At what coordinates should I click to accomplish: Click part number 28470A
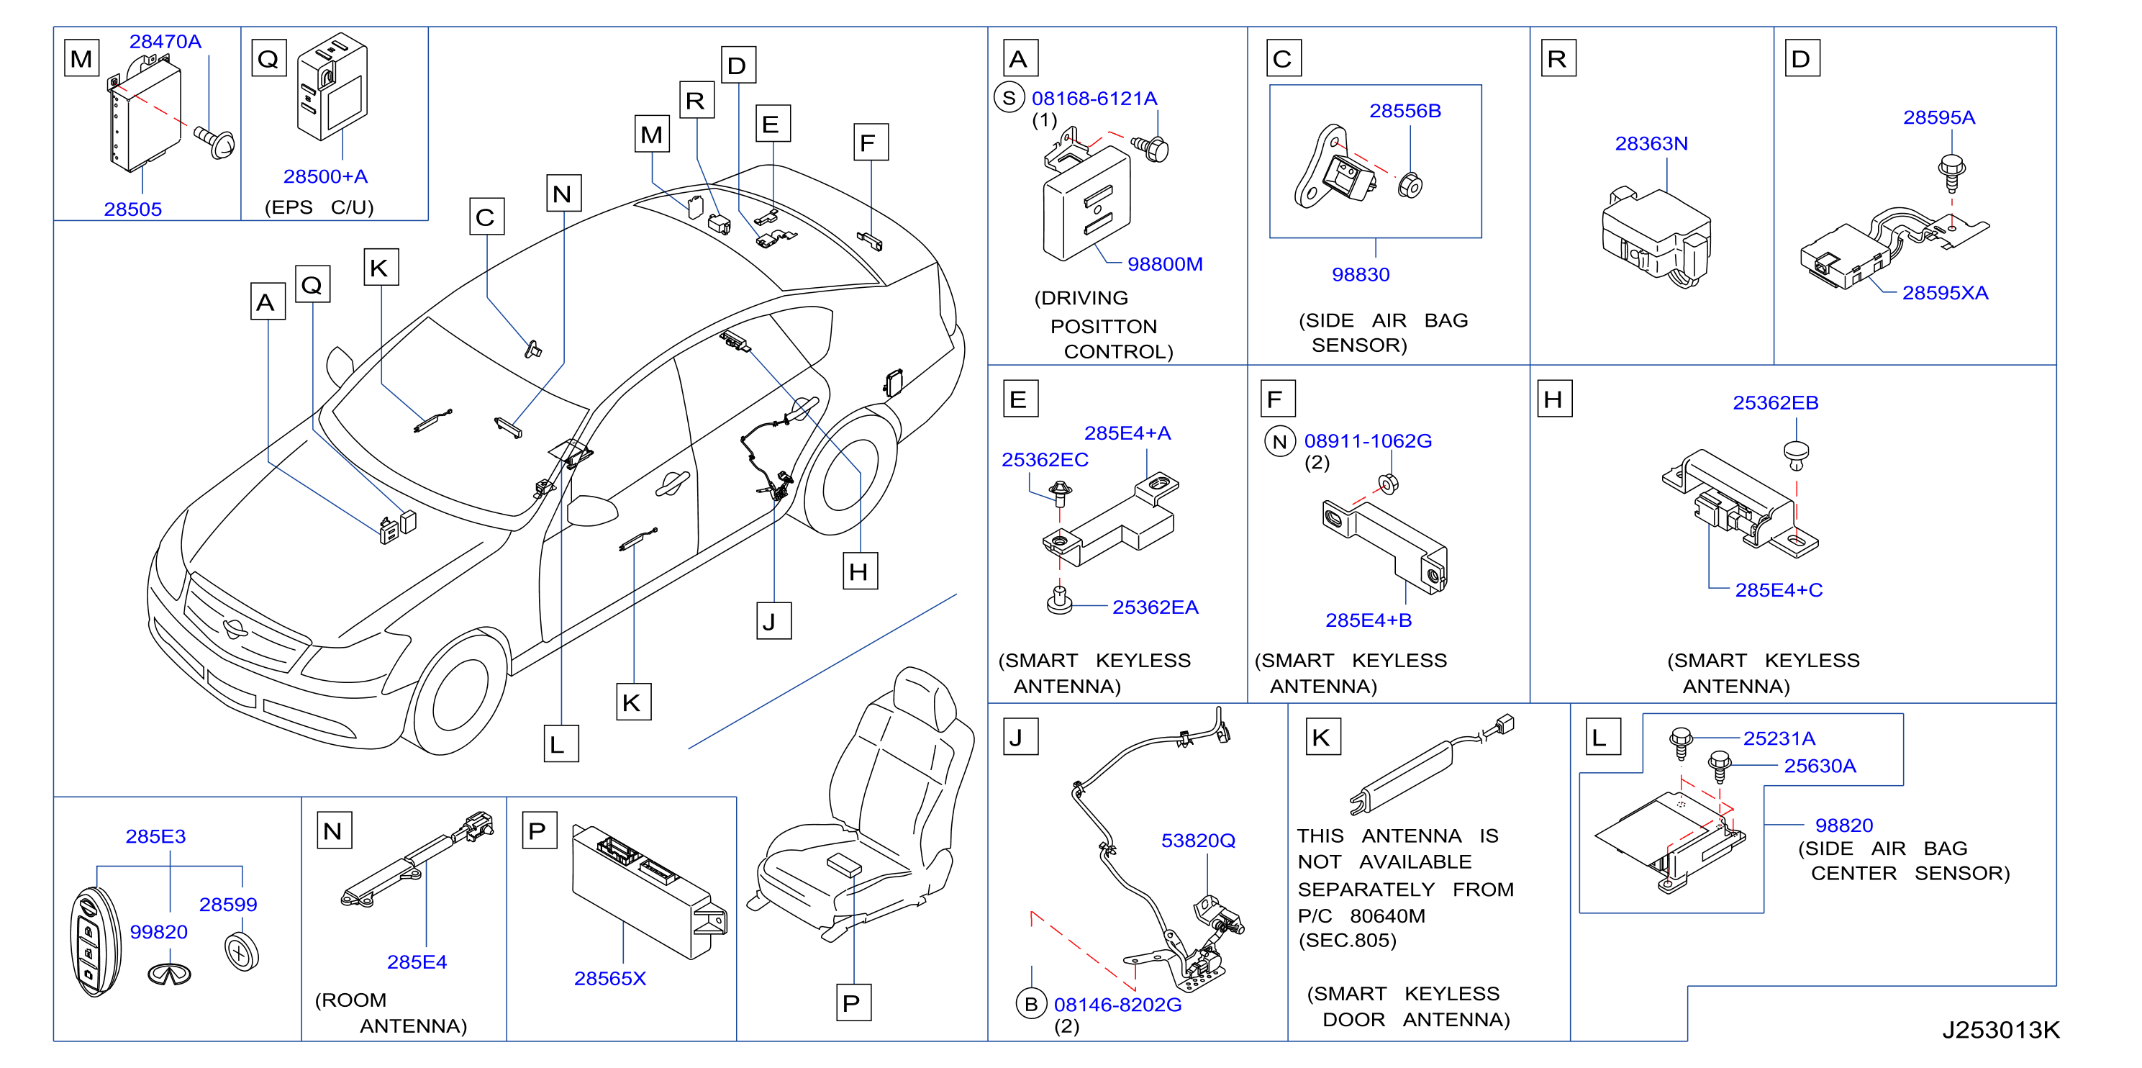click(165, 41)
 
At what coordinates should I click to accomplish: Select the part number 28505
click(132, 209)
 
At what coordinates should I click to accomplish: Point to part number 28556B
click(1404, 111)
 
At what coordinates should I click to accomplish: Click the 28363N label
click(1651, 143)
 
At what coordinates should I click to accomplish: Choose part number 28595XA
click(1944, 293)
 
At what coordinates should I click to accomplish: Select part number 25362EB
click(1774, 402)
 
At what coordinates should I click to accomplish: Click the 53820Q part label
click(1197, 840)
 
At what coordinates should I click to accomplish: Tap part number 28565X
click(609, 978)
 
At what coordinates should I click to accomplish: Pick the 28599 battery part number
click(228, 904)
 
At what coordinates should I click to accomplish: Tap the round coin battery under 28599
click(241, 951)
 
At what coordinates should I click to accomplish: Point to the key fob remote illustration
click(95, 941)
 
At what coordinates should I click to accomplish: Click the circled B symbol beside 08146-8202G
click(1031, 1004)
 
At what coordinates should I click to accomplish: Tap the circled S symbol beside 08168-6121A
click(1009, 98)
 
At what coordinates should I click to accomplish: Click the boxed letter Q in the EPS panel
click(268, 58)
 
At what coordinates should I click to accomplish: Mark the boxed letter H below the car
click(859, 571)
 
